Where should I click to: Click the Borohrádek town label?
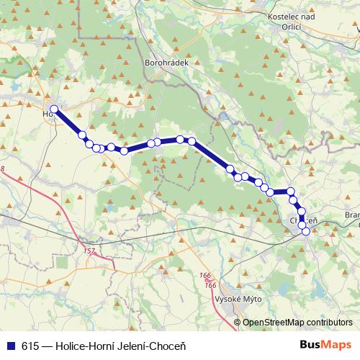click(166, 63)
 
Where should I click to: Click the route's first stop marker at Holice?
click(54, 109)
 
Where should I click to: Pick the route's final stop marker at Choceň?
click(306, 231)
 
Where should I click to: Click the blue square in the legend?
click(10, 346)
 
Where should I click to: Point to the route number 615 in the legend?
click(30, 346)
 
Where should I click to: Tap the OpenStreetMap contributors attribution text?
click(297, 323)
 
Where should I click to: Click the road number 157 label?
click(89, 251)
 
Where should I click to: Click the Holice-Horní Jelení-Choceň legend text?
click(118, 346)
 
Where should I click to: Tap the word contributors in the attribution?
click(329, 323)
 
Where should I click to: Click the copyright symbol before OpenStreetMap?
click(237, 323)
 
